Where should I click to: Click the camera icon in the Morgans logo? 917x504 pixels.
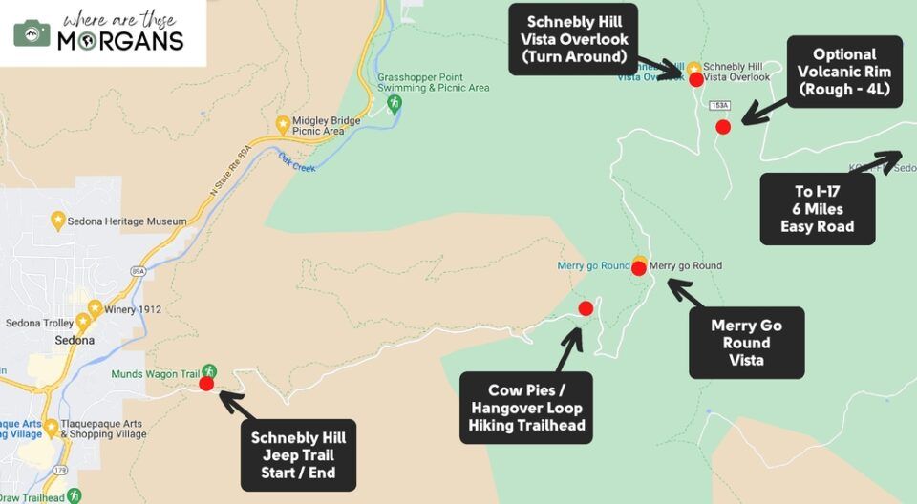click(x=32, y=32)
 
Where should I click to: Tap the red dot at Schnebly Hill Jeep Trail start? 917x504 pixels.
click(x=206, y=384)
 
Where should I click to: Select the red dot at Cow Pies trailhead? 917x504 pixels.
click(x=586, y=307)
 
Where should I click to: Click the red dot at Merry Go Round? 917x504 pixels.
click(x=639, y=268)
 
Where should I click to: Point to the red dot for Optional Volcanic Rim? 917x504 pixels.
click(x=723, y=126)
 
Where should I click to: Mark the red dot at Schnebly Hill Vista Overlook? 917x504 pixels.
click(x=693, y=79)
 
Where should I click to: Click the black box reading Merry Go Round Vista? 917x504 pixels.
click(x=746, y=342)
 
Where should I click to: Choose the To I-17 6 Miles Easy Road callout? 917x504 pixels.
click(x=816, y=209)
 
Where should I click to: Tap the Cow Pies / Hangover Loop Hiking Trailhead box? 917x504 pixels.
click(x=525, y=408)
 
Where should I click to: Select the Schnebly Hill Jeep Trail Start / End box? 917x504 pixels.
click(x=298, y=454)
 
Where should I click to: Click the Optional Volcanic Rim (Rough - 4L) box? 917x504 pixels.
click(x=844, y=72)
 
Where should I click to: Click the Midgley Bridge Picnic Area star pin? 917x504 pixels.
click(x=283, y=124)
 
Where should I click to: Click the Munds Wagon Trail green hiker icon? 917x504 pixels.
click(x=210, y=371)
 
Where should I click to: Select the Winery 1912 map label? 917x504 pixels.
click(x=135, y=309)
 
